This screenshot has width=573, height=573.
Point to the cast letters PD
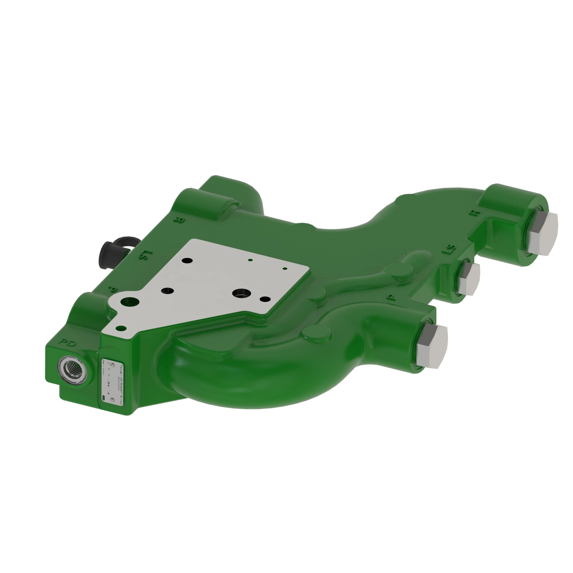[x=68, y=344]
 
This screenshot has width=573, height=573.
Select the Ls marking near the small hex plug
[x=449, y=249]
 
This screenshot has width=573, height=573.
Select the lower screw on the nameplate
[x=112, y=401]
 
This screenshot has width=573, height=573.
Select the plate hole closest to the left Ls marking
[x=187, y=260]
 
